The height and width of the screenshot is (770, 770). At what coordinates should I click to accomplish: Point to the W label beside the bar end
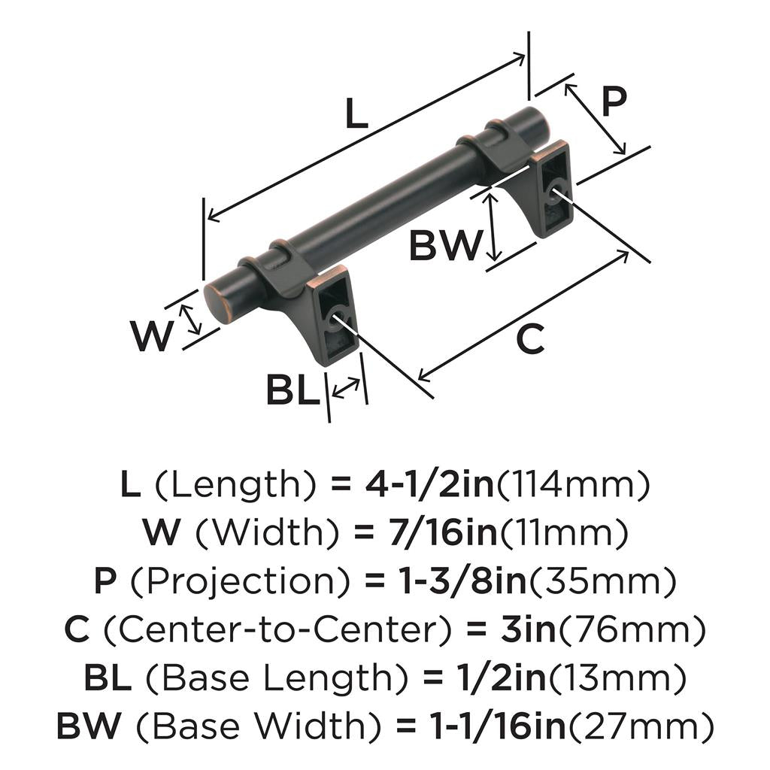point(152,336)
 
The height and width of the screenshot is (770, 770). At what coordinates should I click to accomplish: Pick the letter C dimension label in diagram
point(529,340)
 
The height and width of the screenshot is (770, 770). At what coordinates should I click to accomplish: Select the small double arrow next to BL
point(345,388)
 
